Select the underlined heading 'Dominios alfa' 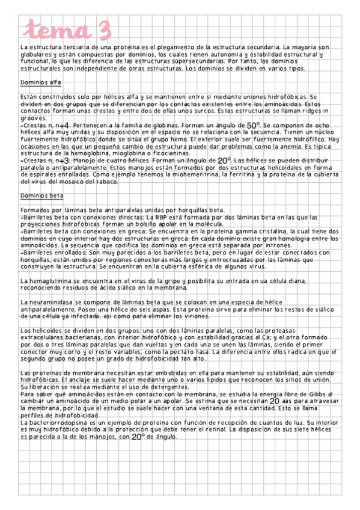coord(40,82)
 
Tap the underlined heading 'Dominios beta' coord(41,195)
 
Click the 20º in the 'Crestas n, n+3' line coord(224,161)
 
